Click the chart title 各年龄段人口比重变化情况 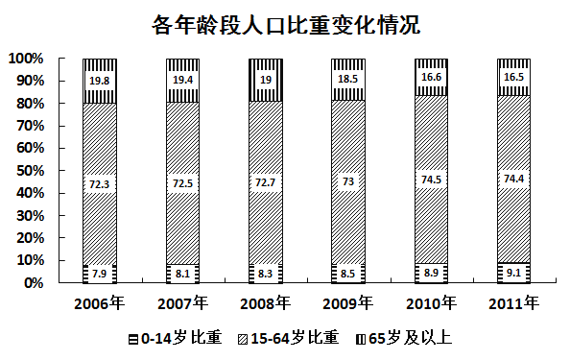pos(285,24)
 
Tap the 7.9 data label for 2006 pos(100,275)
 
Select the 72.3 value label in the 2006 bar pos(100,182)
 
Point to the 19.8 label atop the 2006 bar pos(100,82)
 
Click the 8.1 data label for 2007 pos(182,274)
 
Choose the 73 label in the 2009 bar pos(347,180)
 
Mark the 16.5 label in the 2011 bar pos(512,76)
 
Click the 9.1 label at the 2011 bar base pos(512,272)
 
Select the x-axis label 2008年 pos(265,304)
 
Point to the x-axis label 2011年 pos(512,304)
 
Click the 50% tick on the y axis pos(28,171)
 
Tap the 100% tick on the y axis pos(25,59)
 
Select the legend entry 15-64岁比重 pos(295,338)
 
